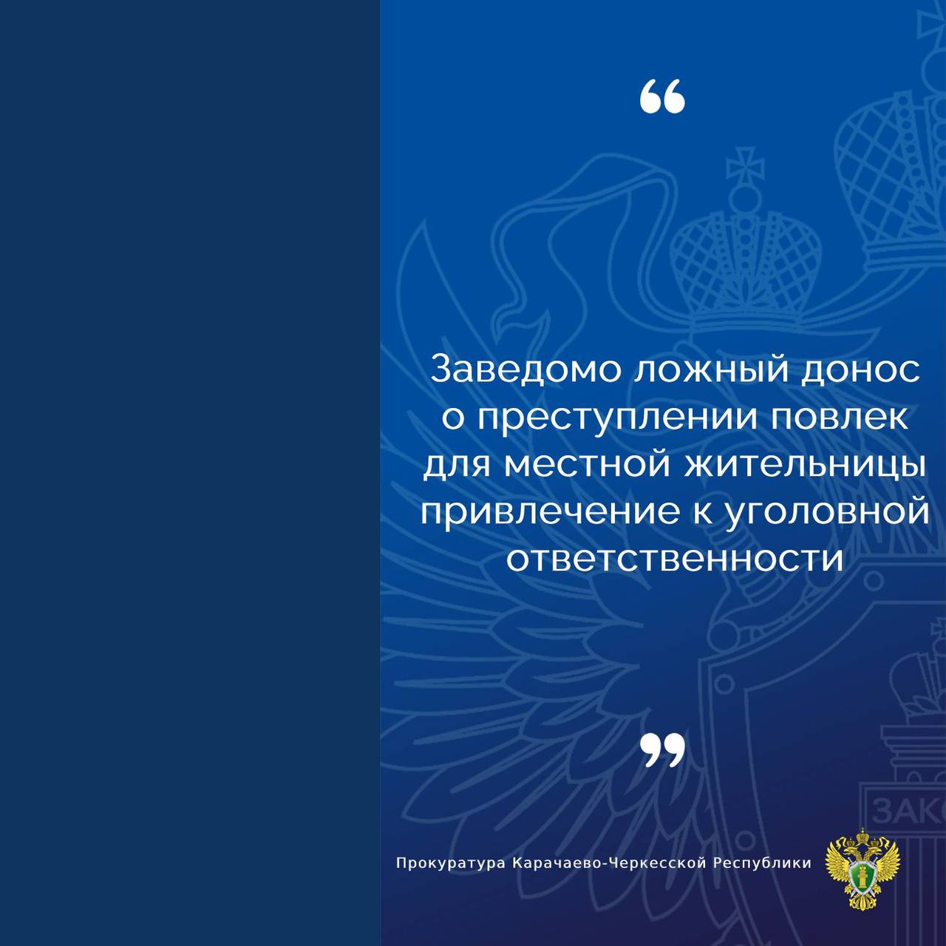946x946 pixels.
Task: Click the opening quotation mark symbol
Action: [662, 96]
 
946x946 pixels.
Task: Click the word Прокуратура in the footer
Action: [451, 863]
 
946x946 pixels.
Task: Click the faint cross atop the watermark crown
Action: [745, 166]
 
